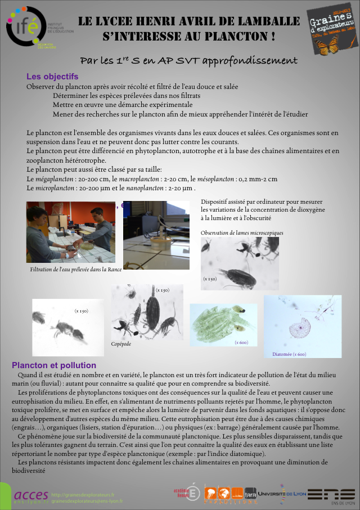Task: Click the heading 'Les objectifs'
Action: [x=52, y=77]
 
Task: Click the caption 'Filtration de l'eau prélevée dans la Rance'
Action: [x=72, y=270]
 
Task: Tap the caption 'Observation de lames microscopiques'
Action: [x=242, y=232]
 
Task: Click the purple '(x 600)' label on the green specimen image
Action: [x=241, y=342]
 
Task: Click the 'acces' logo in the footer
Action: [x=31, y=495]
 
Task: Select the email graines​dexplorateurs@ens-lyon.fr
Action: [x=87, y=500]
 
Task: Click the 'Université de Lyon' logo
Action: [x=282, y=493]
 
